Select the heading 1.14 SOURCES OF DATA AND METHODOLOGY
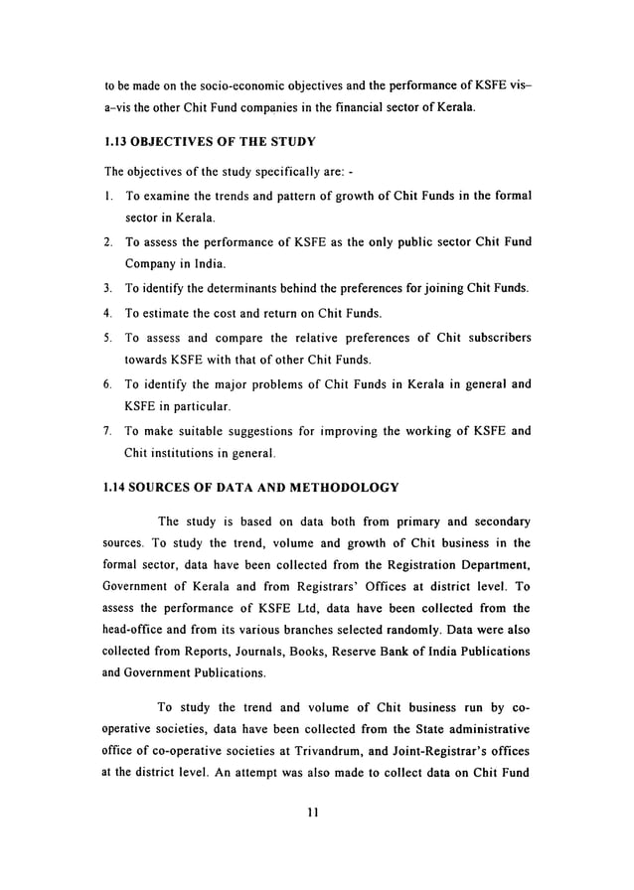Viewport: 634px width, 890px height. pyautogui.click(x=251, y=487)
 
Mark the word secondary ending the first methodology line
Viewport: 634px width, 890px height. pyautogui.click(x=496, y=520)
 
